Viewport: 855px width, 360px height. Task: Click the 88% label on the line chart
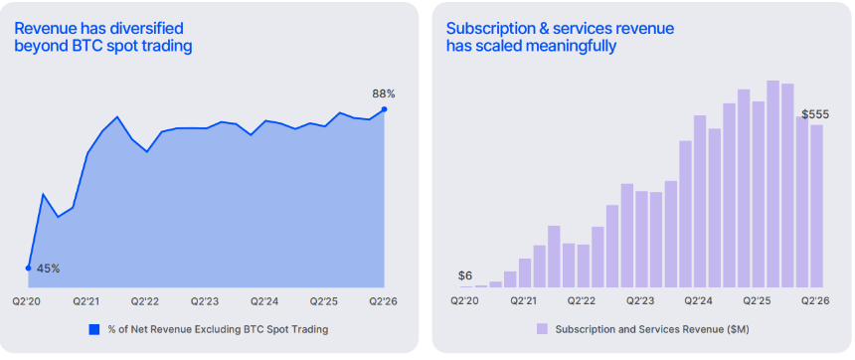pos(384,93)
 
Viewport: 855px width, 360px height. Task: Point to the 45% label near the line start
pos(48,269)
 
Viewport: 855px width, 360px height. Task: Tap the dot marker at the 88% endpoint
pos(384,109)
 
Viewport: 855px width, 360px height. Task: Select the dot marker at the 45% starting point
pos(29,268)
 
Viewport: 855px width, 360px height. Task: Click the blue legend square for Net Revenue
pos(94,329)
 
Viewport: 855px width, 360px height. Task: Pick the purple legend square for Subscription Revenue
pos(542,328)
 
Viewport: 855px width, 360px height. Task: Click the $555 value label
pos(815,114)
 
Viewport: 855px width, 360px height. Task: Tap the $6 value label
pos(465,276)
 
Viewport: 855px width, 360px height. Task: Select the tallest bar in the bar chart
pos(772,184)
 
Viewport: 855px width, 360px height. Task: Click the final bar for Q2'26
pos(816,206)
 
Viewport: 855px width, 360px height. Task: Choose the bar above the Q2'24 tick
pos(700,201)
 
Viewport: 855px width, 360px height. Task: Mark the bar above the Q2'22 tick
pos(584,267)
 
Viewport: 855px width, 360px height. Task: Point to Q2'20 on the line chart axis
pos(26,301)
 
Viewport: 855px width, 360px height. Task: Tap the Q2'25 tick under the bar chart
pos(758,301)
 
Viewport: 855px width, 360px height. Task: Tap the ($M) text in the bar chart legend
pos(739,329)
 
